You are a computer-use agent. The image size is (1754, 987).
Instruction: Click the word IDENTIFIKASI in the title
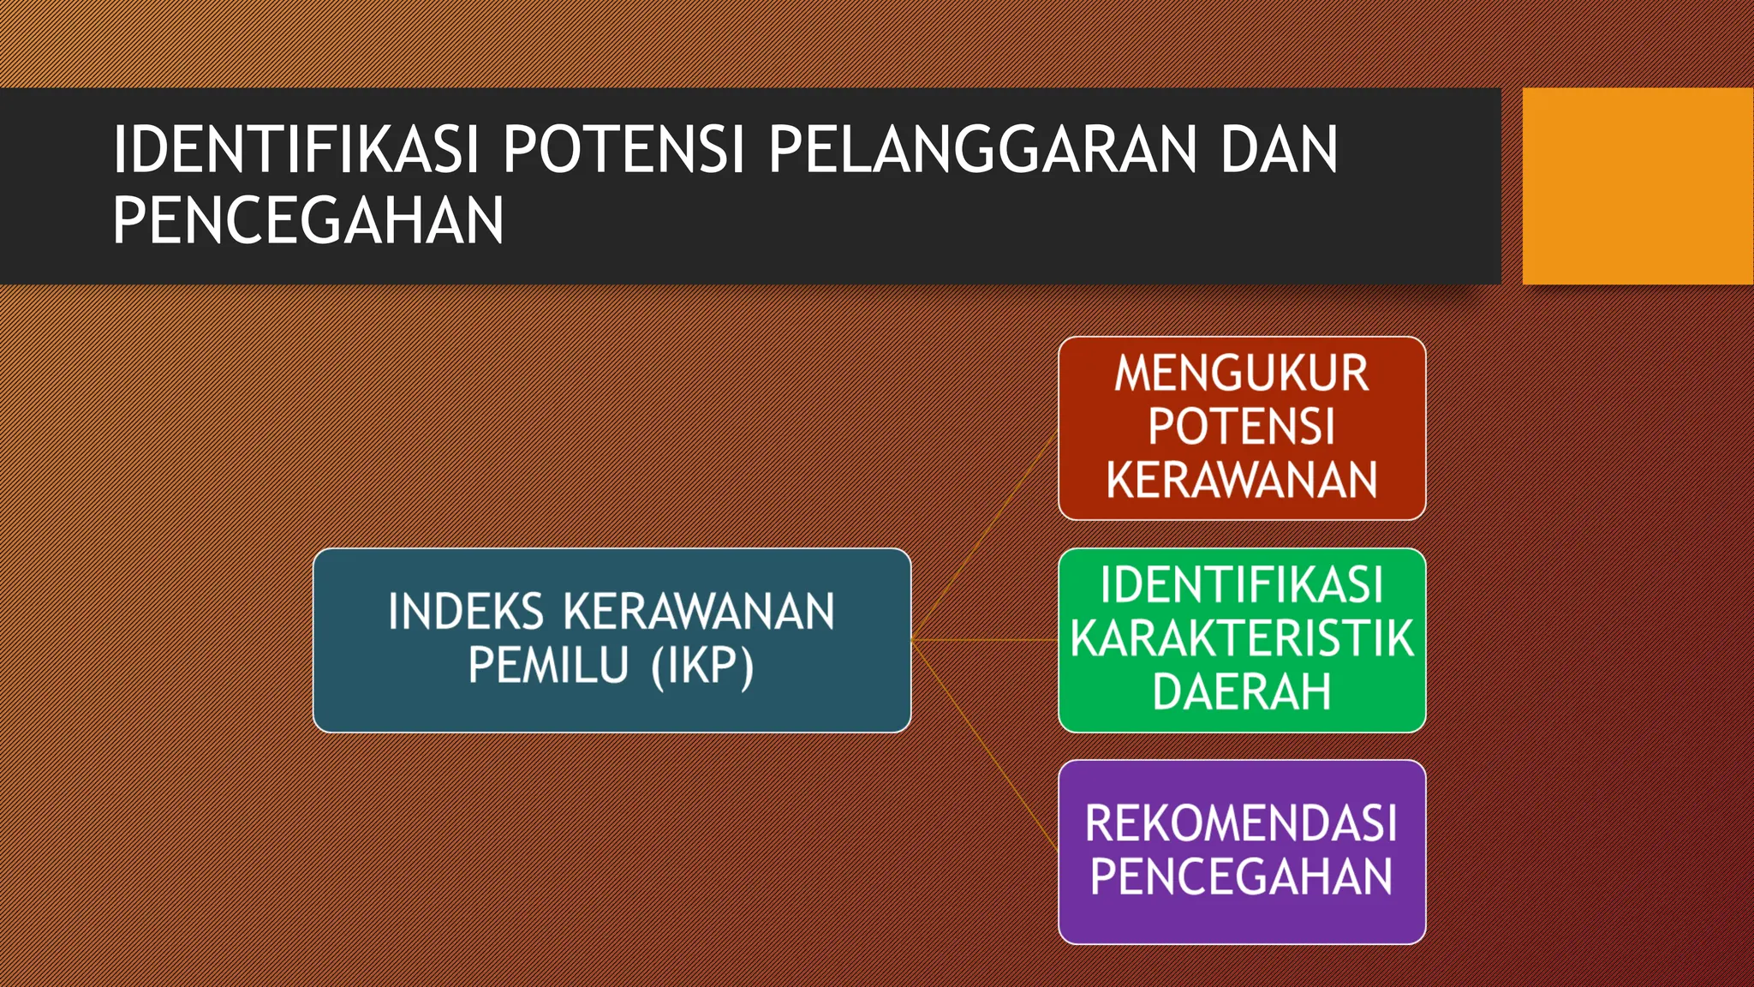295,150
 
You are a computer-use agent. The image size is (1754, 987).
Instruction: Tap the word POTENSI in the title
623,150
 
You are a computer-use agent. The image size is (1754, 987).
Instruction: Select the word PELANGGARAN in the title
981,150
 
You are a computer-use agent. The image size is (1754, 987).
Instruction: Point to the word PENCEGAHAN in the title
308,221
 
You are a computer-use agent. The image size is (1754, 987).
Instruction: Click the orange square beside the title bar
1638,186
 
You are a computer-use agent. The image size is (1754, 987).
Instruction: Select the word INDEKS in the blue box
466,612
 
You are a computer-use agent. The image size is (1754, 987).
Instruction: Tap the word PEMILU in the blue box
548,665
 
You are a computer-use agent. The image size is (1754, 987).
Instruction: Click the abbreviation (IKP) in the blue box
702,667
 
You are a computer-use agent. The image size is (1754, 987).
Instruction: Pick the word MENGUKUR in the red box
1242,374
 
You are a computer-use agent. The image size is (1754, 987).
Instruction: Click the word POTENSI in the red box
1242,427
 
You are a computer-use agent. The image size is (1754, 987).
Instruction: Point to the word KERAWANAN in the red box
1242,480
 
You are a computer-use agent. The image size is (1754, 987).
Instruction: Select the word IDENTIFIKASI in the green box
1242,585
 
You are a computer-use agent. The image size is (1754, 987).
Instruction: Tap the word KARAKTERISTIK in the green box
1242,638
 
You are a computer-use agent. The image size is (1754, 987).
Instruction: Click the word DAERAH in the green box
1242,691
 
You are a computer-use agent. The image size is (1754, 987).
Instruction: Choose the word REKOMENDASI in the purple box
1242,823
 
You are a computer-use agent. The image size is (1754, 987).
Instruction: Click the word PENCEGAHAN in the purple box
1242,876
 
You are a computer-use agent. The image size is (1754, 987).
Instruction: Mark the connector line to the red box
985,535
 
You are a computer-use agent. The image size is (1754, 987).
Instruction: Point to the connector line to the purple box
985,745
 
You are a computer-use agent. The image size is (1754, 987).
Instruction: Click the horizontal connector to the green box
985,640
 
